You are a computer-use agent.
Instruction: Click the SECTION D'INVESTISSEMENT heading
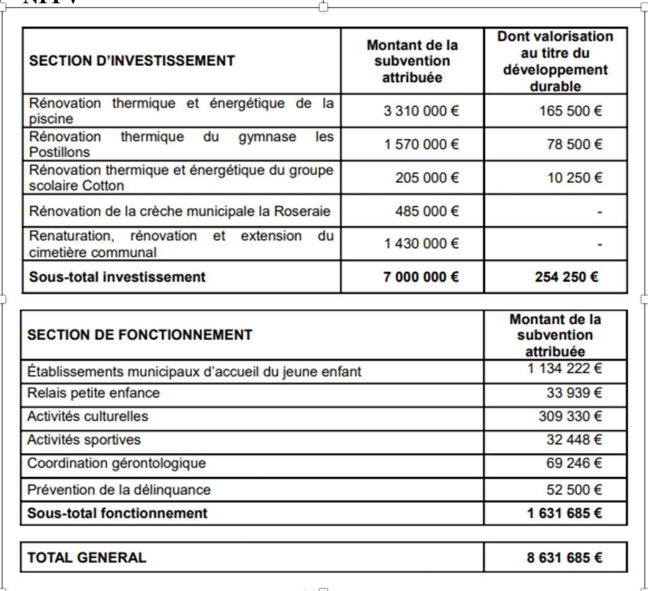132,61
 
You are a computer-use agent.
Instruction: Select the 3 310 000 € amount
421,111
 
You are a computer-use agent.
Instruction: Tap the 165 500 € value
570,111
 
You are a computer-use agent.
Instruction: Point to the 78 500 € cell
575,145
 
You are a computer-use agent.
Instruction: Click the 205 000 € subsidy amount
427,178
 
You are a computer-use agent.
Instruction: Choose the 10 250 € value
575,178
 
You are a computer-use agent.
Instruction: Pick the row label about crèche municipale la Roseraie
180,211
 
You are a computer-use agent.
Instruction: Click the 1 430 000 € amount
421,244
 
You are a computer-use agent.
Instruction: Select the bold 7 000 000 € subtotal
421,277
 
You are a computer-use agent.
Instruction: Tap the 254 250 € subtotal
566,277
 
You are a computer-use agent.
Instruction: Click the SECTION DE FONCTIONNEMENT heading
140,335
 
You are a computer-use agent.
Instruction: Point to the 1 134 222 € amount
564,368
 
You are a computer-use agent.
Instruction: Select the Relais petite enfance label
94,393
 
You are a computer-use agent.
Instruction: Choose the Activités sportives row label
84,440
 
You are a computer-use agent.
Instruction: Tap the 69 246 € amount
574,463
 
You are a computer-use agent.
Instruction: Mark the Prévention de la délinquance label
119,490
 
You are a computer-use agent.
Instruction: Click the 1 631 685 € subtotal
564,513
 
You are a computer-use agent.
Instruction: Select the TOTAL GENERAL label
87,557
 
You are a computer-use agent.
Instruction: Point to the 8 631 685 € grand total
564,557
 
